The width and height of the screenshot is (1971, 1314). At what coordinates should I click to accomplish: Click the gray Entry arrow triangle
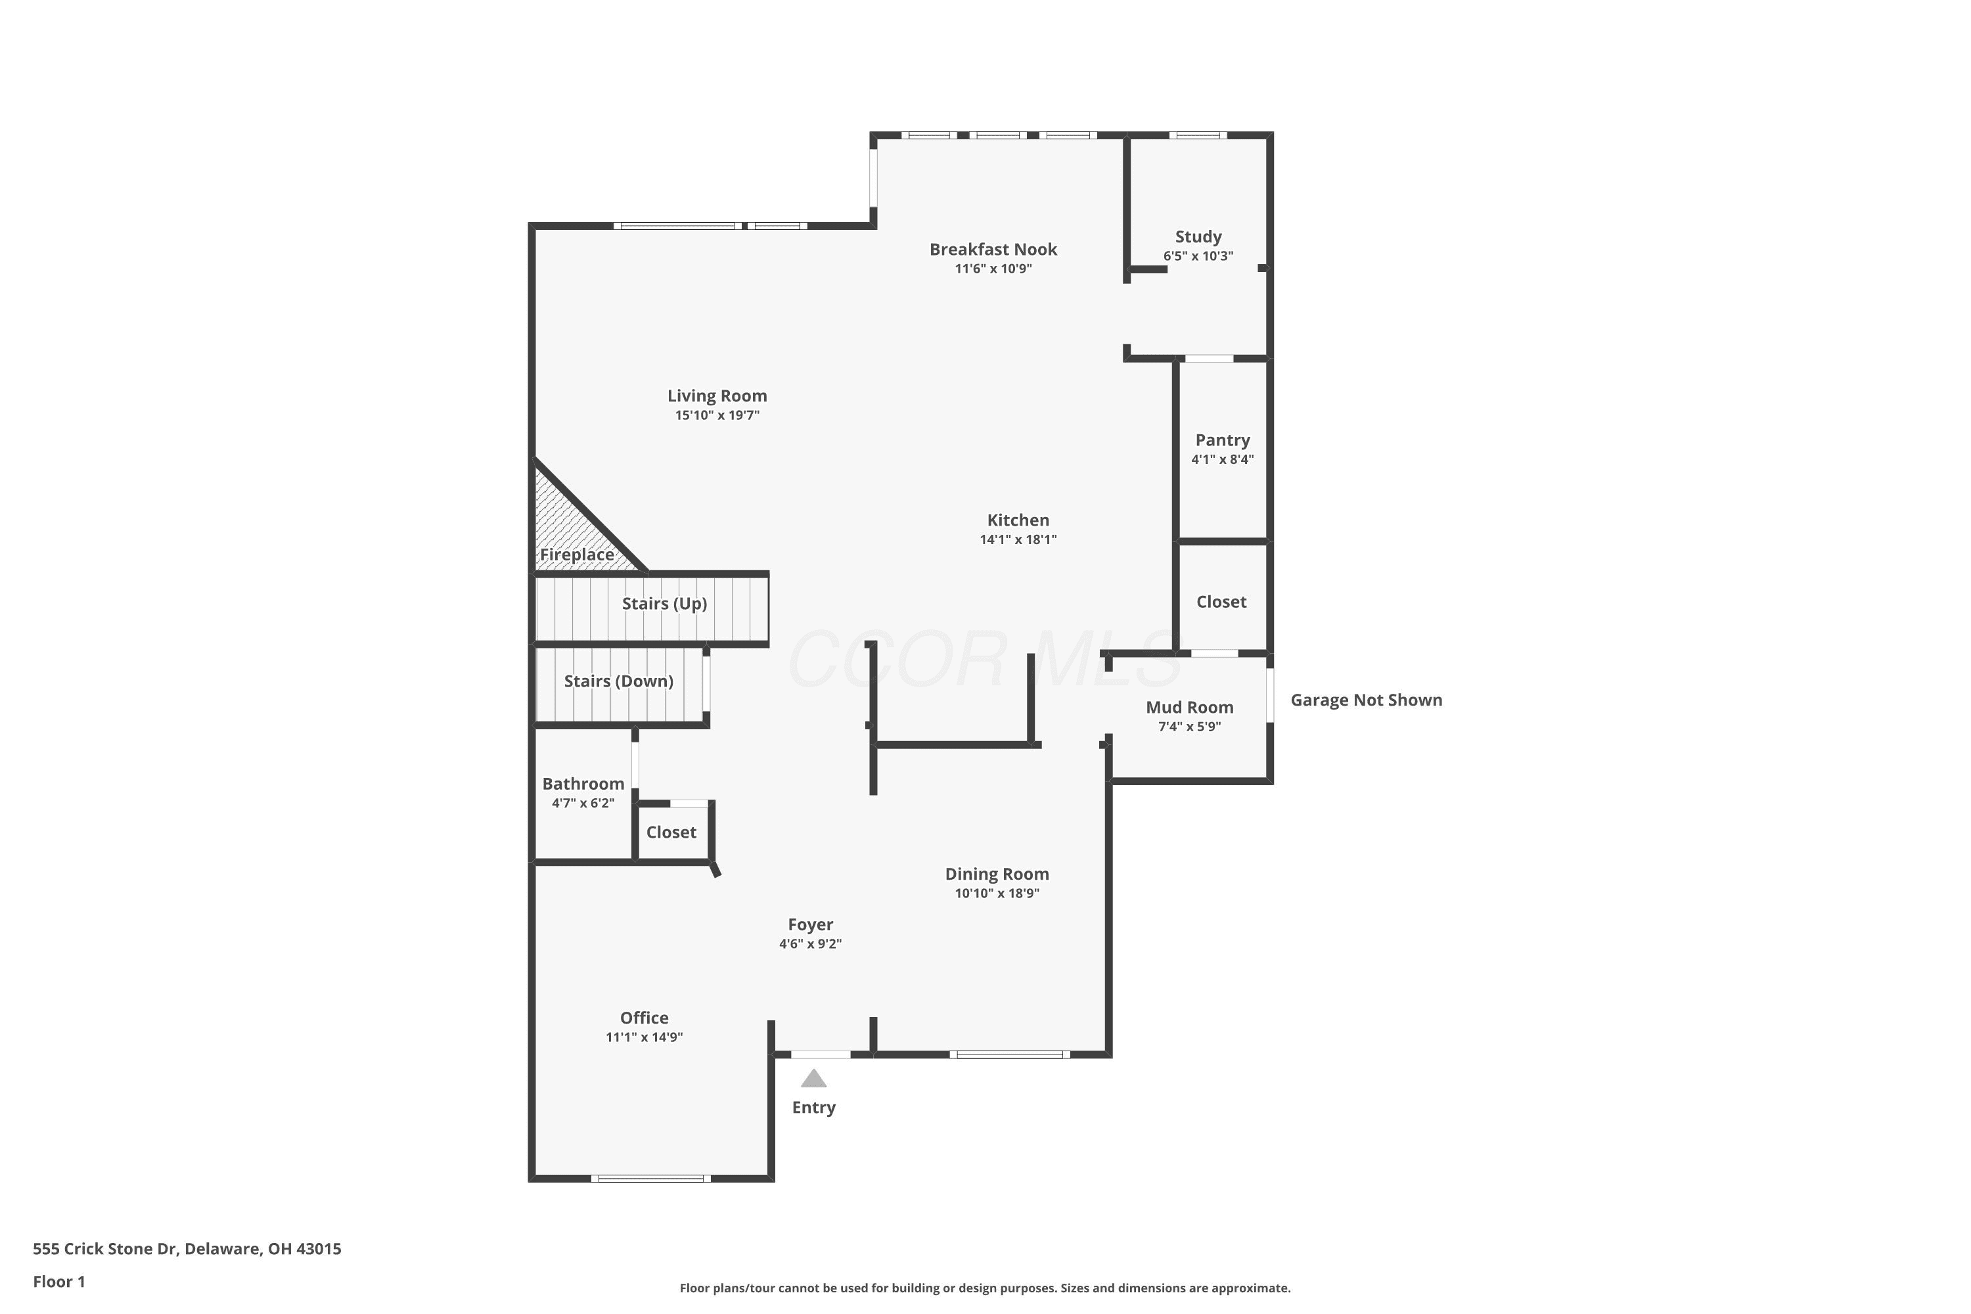(x=814, y=1079)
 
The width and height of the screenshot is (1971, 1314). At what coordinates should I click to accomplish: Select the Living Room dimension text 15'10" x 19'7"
(x=717, y=415)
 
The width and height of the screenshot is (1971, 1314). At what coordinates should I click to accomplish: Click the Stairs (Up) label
(x=664, y=603)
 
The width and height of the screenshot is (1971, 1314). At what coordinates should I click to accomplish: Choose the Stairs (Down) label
(x=618, y=681)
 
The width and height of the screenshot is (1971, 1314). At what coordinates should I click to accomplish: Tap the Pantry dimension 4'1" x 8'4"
(x=1223, y=459)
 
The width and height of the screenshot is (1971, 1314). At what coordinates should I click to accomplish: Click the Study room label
(x=1198, y=237)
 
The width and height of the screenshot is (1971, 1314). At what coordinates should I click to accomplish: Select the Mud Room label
(x=1189, y=708)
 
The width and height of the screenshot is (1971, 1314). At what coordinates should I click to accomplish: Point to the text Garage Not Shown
(x=1366, y=700)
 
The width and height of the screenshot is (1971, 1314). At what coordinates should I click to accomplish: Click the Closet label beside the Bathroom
(x=671, y=832)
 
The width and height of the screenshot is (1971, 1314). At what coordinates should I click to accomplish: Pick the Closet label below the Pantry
(x=1221, y=602)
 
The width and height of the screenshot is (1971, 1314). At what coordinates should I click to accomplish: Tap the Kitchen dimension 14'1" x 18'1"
(x=1018, y=539)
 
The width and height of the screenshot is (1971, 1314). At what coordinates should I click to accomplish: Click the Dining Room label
(x=997, y=874)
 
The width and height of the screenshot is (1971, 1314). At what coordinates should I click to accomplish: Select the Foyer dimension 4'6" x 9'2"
(x=810, y=943)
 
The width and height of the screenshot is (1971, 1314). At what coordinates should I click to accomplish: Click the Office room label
(x=645, y=1017)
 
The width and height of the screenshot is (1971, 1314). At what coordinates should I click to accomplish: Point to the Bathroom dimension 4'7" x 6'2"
(x=583, y=803)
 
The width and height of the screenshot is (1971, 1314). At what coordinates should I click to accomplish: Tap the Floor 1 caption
(x=58, y=1281)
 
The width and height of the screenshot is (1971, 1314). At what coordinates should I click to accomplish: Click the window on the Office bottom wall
(x=651, y=1178)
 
